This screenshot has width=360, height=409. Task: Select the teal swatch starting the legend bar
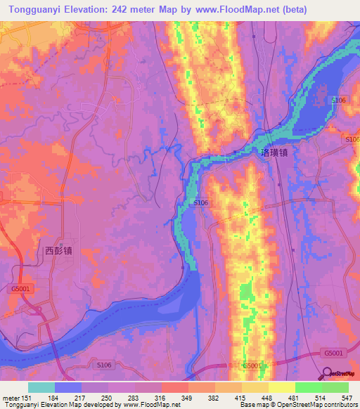click(x=41, y=387)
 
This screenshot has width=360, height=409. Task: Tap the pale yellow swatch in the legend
click(x=281, y=387)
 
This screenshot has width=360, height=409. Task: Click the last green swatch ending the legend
click(x=335, y=387)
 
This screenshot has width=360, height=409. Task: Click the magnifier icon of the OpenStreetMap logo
click(x=328, y=373)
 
